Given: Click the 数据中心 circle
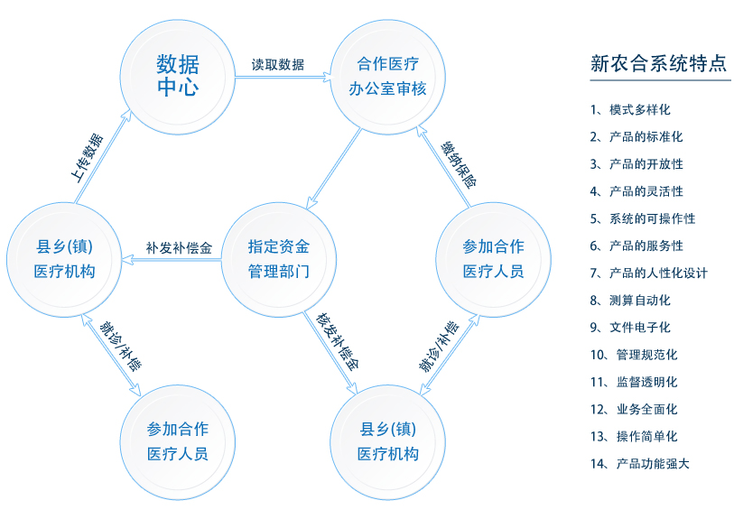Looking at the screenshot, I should [x=178, y=76].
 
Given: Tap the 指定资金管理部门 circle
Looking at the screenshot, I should [x=279, y=258].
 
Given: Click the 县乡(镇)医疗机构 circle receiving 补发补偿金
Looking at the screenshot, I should [x=64, y=258].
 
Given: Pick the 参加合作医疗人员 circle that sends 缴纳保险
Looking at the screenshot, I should [x=493, y=258].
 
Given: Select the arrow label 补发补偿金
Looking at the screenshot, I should [x=179, y=248].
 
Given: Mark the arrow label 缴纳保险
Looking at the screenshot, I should [x=458, y=163].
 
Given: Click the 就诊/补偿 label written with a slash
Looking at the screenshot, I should [x=119, y=347].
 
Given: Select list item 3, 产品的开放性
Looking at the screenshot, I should [x=636, y=164].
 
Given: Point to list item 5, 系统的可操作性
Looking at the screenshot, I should [x=642, y=218].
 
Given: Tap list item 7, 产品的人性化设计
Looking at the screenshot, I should [x=648, y=273].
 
